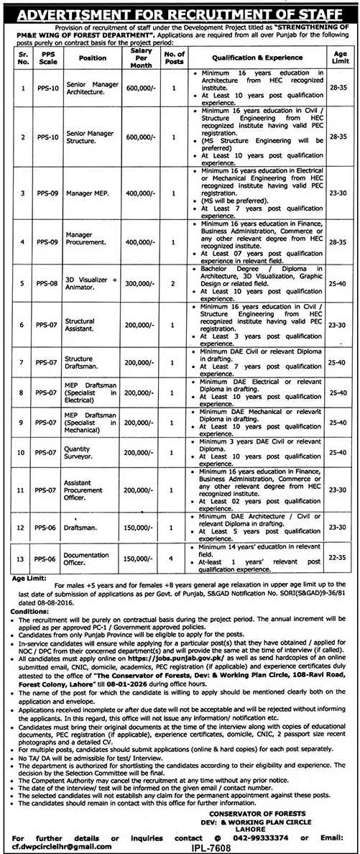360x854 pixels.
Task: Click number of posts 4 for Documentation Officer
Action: (170, 557)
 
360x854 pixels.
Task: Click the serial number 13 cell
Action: (22, 557)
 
